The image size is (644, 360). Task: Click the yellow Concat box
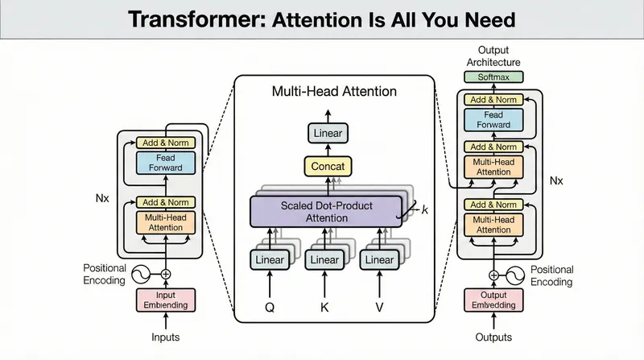pyautogui.click(x=327, y=167)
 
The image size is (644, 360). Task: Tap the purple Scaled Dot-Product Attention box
pyautogui.click(x=325, y=211)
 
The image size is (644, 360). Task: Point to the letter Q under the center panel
pyautogui.click(x=270, y=306)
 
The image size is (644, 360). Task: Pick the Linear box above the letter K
pyautogui.click(x=324, y=260)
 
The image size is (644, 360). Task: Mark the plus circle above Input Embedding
pyautogui.click(x=166, y=274)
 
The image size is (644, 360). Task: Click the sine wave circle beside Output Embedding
pyautogui.click(x=518, y=274)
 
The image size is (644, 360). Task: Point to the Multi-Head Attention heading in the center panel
pyautogui.click(x=333, y=92)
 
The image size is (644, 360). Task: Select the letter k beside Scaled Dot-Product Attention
pyautogui.click(x=425, y=210)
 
